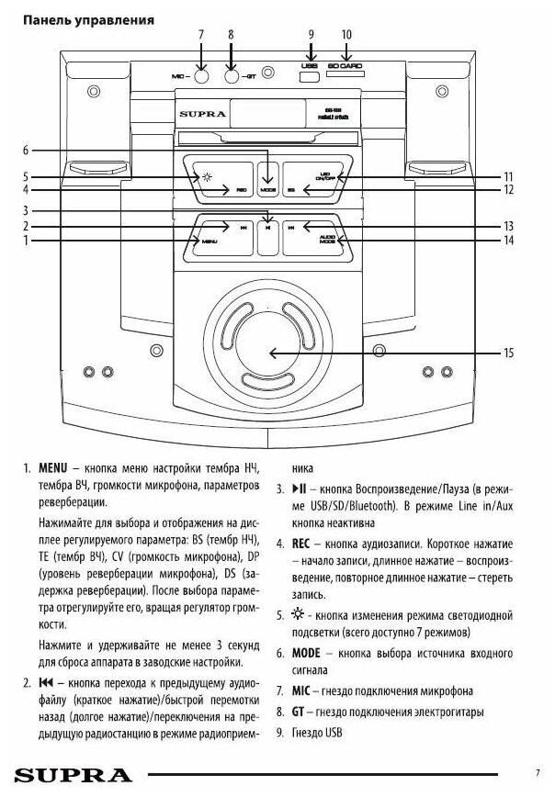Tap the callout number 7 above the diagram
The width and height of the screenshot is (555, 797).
(200, 34)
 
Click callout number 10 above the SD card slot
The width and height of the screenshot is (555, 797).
(346, 34)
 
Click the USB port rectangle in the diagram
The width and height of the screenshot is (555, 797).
(310, 76)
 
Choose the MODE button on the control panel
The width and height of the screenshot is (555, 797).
(267, 188)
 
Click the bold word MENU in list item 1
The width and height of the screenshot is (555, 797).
(52, 468)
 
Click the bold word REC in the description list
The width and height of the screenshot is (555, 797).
(304, 543)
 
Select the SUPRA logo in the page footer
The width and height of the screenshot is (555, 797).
(67, 774)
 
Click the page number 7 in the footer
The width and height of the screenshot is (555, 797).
(537, 772)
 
